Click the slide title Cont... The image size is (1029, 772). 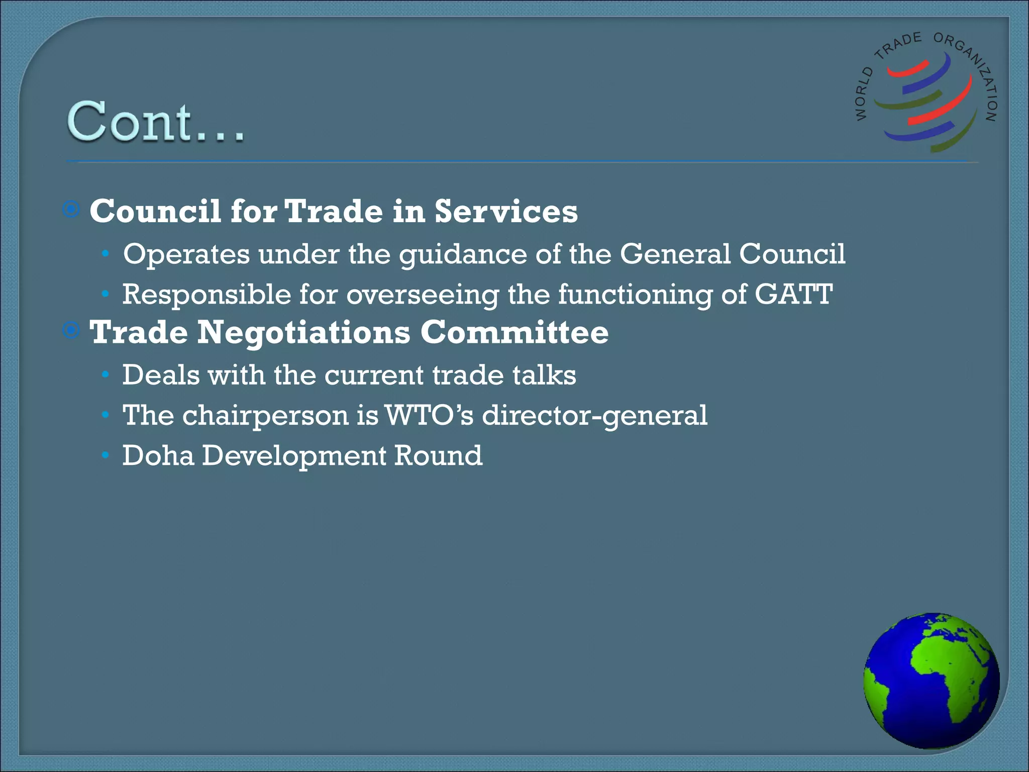click(x=156, y=122)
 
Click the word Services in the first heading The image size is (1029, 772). click(x=506, y=211)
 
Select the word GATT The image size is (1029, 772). click(x=793, y=294)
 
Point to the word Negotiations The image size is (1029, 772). click(x=303, y=333)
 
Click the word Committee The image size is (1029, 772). click(x=514, y=333)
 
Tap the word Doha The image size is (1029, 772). click(x=158, y=455)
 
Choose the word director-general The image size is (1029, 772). click(x=594, y=416)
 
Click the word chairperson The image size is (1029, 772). click(x=265, y=416)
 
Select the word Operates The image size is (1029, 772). click(x=186, y=254)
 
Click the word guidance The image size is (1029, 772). click(x=463, y=255)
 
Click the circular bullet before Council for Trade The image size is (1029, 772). click(x=71, y=209)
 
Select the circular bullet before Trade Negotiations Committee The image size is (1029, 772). click(x=71, y=330)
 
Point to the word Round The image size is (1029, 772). click(x=438, y=455)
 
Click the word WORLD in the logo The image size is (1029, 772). click(x=864, y=94)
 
